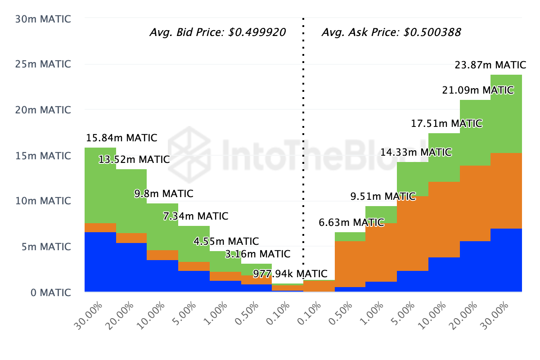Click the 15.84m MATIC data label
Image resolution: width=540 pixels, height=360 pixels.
121,138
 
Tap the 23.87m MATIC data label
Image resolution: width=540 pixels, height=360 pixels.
488,65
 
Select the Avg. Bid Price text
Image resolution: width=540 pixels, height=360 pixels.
217,32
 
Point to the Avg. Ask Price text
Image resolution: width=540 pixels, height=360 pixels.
391,32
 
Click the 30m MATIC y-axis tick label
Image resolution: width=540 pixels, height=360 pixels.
43,19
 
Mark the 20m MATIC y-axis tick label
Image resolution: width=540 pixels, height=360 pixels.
43,110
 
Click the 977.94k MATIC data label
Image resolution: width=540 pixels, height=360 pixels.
290,274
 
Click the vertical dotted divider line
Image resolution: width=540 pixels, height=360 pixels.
303,135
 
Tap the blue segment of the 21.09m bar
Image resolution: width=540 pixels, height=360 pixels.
475,266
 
